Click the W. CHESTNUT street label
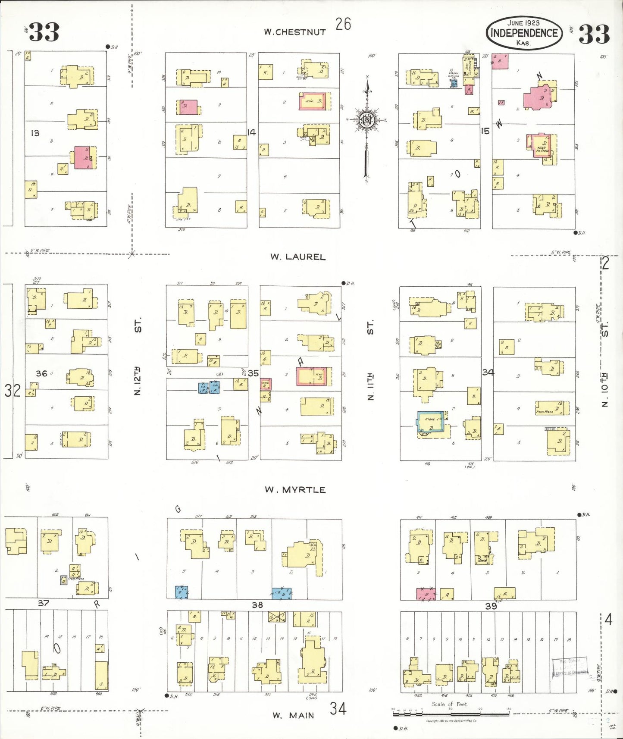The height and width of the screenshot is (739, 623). (295, 32)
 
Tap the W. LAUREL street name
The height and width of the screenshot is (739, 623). (298, 257)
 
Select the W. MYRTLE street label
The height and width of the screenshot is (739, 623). (295, 490)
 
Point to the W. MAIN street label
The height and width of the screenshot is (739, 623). (293, 716)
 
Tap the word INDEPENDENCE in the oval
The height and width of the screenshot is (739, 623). (524, 33)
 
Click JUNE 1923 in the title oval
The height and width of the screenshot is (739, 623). (523, 23)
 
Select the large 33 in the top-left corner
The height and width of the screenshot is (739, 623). (44, 32)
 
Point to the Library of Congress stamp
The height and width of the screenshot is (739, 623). (570, 667)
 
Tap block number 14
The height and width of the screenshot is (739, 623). (252, 132)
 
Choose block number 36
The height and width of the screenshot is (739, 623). (41, 373)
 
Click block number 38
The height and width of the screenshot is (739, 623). (257, 605)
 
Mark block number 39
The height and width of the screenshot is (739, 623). (491, 606)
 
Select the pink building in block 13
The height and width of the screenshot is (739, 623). (83, 157)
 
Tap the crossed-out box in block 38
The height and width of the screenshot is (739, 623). (277, 617)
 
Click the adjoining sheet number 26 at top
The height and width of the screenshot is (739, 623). (343, 24)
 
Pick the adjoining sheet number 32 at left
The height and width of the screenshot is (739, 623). (13, 391)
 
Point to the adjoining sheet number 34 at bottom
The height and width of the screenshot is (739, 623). (338, 708)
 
